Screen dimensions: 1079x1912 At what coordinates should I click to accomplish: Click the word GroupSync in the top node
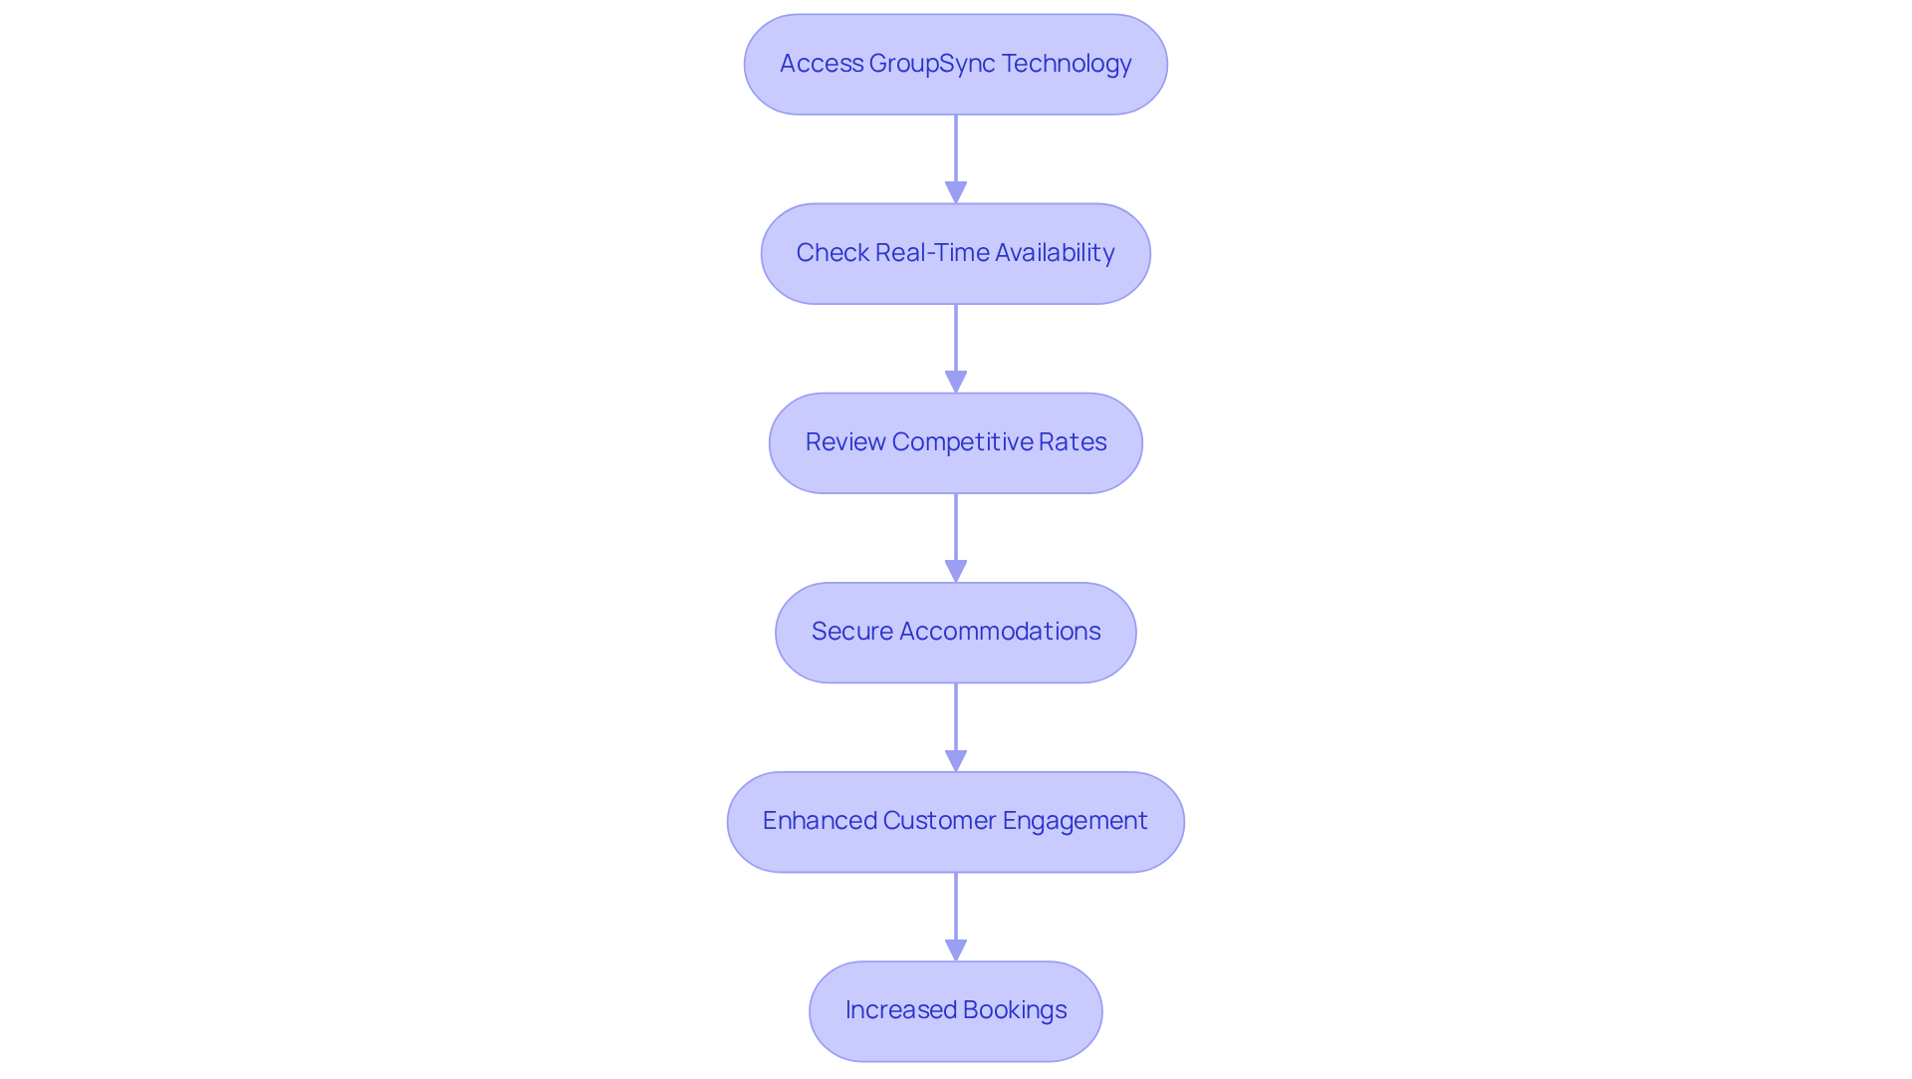(x=931, y=64)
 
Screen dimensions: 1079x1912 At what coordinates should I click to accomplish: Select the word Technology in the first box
(x=1066, y=64)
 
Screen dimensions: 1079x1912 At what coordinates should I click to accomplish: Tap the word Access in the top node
(x=821, y=64)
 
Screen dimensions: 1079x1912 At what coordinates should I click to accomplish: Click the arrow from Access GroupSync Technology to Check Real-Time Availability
(x=956, y=159)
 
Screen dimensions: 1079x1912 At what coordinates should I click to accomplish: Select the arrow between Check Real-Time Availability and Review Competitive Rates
(x=956, y=349)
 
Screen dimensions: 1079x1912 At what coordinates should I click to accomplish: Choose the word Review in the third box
(x=845, y=442)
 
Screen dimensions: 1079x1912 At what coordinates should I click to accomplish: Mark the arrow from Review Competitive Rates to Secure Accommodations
(x=956, y=538)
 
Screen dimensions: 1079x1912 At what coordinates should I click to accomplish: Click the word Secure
(x=851, y=632)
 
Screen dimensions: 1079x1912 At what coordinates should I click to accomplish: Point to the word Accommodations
(x=999, y=632)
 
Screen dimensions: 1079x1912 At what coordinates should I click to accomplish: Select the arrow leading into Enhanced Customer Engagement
(x=956, y=727)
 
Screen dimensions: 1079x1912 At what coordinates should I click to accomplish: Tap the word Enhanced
(x=819, y=821)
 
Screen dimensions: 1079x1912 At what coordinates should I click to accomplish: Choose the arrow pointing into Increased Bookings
(x=956, y=917)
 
